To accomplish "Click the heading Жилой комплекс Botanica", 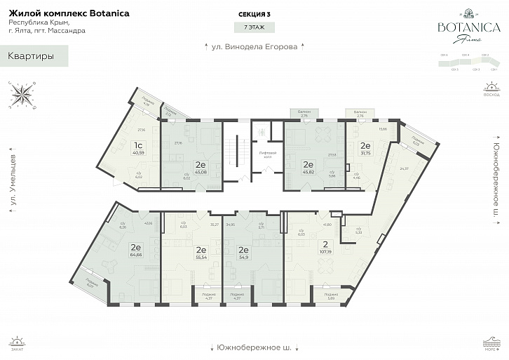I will click(x=69, y=13).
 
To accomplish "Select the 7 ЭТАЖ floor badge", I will click(x=254, y=27).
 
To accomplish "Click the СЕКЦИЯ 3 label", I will click(x=254, y=13).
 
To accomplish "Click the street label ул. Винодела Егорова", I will click(x=254, y=48).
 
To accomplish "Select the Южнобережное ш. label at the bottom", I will click(x=254, y=347).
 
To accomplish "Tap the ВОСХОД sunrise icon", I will click(x=492, y=90).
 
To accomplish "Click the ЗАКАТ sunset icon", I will click(x=16, y=343).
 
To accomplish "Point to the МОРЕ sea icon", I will click(x=492, y=343).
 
